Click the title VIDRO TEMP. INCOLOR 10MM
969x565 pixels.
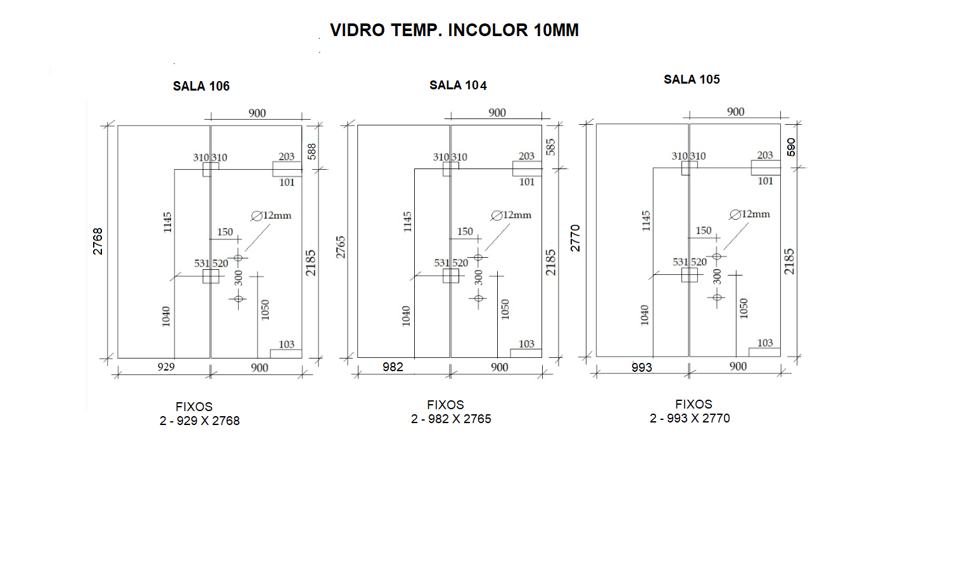(454, 30)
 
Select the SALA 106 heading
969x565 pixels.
(201, 86)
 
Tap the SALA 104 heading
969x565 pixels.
(458, 86)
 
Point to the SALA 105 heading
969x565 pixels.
(692, 79)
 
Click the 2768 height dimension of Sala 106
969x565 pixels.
(98, 241)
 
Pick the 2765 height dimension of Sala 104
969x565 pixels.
(341, 247)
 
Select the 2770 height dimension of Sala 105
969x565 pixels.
(575, 238)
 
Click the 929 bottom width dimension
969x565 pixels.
(166, 367)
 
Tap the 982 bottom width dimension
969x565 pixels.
(393, 367)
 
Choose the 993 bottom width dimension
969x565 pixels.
(642, 367)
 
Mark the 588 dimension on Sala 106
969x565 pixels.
(312, 151)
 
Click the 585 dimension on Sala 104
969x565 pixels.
(551, 147)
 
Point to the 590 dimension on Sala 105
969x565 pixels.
(791, 147)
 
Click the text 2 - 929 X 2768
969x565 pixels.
(199, 421)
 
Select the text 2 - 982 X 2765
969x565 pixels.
(451, 419)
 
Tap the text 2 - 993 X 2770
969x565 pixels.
(690, 418)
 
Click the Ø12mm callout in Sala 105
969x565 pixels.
(750, 214)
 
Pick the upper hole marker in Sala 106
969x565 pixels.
(238, 258)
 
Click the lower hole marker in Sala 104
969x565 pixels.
(478, 298)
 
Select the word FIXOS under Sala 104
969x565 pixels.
(446, 405)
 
